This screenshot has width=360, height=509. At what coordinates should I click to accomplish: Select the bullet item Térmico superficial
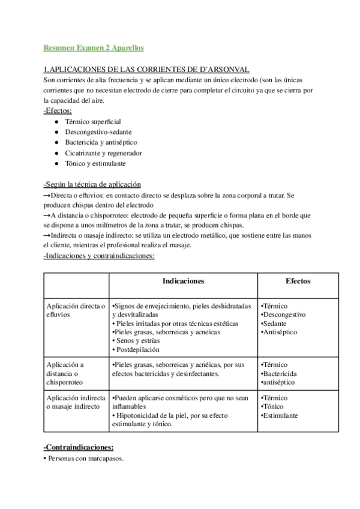[x=92, y=121]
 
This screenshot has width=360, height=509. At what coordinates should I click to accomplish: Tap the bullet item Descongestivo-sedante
[x=98, y=131]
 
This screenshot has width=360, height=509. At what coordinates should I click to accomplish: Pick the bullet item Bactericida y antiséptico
[x=101, y=142]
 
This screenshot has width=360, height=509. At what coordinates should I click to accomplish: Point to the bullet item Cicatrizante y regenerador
[x=103, y=152]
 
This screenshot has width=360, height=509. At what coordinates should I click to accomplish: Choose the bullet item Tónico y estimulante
[x=95, y=163]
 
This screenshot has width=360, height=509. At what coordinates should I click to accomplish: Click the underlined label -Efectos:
[x=58, y=110]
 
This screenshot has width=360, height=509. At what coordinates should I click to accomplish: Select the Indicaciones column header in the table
[x=183, y=281]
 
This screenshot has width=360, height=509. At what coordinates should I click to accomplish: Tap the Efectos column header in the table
[x=298, y=281]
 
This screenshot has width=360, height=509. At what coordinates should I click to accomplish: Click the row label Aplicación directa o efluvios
[x=76, y=310]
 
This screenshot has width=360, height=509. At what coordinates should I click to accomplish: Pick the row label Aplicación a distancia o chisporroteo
[x=66, y=373]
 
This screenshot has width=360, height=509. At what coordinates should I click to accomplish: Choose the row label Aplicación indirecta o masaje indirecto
[x=76, y=402]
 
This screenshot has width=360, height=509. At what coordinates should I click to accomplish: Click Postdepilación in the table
[x=137, y=349]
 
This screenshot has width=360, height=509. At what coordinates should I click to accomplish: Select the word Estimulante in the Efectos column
[x=281, y=415]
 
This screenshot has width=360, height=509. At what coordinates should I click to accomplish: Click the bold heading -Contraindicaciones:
[x=79, y=448]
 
